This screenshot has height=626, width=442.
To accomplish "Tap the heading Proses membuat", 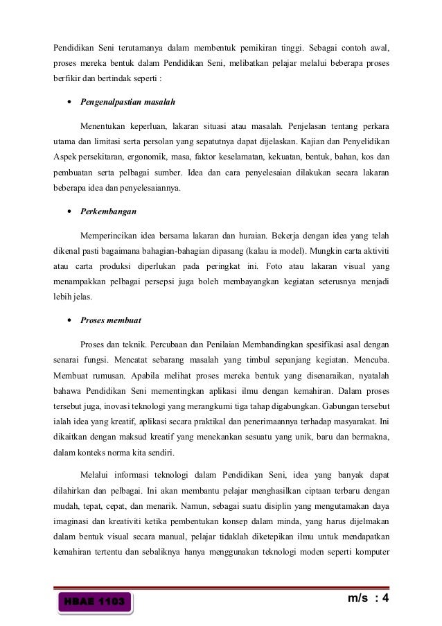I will (111, 320).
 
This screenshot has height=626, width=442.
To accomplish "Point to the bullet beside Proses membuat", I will (71, 320).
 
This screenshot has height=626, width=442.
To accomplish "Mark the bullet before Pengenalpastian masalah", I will (71, 101).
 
